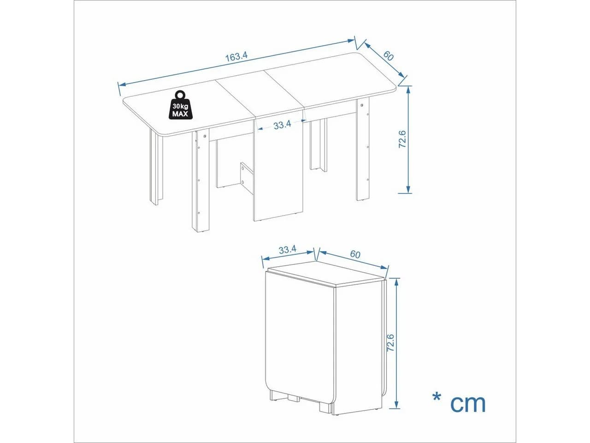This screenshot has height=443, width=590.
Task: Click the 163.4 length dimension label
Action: (x=236, y=57)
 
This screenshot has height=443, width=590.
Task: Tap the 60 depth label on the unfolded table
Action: (x=388, y=56)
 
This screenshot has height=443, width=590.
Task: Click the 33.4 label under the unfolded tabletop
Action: (x=282, y=125)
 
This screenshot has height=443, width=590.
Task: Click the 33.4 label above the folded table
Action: (x=287, y=250)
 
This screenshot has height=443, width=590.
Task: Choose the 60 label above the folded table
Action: (x=355, y=254)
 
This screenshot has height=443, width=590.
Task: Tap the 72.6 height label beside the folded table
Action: (x=390, y=343)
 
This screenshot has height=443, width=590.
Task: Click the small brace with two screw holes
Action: (x=247, y=178)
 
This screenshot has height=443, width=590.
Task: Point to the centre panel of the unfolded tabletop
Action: (x=260, y=94)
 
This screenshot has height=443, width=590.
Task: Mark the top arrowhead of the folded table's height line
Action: (x=397, y=282)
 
